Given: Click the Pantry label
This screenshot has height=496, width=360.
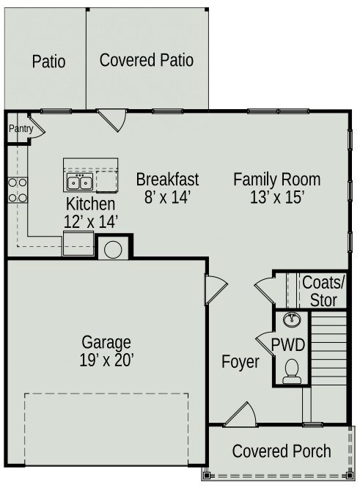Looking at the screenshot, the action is (21, 129).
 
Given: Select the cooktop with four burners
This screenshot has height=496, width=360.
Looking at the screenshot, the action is (18, 190).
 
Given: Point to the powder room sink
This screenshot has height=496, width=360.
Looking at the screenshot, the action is (292, 319).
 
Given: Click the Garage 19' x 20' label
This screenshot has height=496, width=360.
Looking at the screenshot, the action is (106, 351).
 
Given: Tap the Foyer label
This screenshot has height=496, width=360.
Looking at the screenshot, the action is (240, 361).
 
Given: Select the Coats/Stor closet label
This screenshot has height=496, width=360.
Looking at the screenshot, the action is (323, 291).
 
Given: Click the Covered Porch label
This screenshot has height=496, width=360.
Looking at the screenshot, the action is (282, 451).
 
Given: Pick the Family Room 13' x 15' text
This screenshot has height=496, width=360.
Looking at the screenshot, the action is (277, 188).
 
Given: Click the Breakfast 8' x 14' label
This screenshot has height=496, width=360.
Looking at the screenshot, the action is (167, 188).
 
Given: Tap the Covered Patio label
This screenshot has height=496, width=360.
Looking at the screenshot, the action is (147, 60).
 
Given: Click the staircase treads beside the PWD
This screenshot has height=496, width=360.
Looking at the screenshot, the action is (328, 348).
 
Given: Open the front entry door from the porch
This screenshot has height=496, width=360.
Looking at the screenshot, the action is (240, 415).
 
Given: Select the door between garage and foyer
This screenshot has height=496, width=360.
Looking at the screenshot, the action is (216, 289).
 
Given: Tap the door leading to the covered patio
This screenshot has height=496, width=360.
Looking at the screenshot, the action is (111, 120).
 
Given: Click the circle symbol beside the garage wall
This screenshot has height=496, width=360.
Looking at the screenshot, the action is (113, 250).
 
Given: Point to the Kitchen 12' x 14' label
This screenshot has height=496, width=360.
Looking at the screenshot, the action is (91, 212).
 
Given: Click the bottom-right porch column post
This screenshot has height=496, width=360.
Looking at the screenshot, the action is (349, 475).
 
